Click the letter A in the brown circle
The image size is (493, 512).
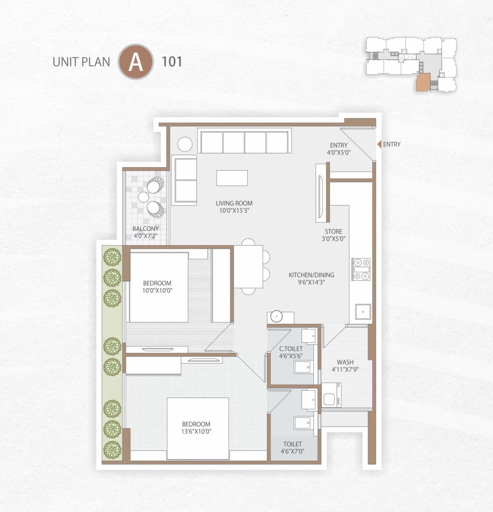coord(136,62)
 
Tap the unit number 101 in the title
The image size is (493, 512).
coord(172,62)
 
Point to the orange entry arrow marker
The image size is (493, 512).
coord(379,144)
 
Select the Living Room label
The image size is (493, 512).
coord(234,203)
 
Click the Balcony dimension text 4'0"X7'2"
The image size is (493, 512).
coord(146,236)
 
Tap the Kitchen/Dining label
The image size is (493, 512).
coord(311,275)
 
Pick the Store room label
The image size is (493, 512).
coord(334,232)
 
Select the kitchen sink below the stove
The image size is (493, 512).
coord(362,312)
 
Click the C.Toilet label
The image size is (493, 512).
coord(291,349)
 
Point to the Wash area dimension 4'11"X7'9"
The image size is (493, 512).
coord(345,369)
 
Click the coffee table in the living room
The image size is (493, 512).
coord(232,178)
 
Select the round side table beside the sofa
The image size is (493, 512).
coord(185,144)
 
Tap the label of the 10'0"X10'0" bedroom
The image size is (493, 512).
coord(157,283)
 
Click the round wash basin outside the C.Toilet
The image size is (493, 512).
coord(276,316)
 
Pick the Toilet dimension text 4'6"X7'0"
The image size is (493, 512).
coord(292,451)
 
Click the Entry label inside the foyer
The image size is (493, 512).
coord(339,145)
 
